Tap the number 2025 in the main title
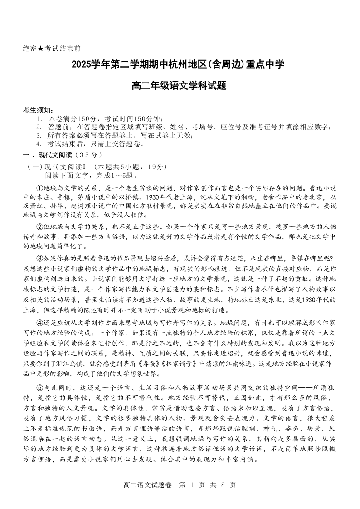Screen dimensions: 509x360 82,65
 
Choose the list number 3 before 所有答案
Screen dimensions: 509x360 39,136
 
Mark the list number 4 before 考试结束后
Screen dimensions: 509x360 39,144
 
